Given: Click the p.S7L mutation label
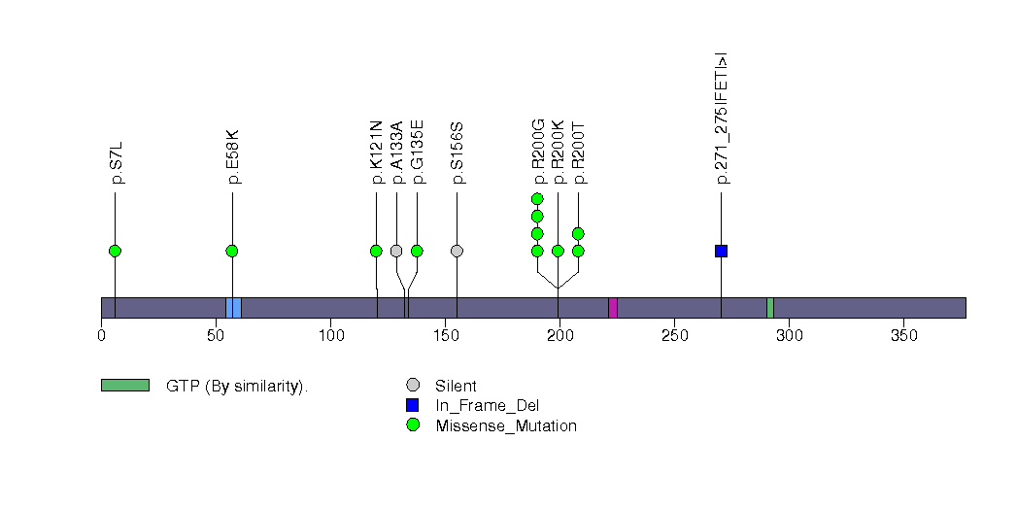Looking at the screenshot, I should (117, 163).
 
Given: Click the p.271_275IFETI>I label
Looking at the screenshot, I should (722, 118).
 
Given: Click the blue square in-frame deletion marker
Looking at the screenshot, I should (721, 251).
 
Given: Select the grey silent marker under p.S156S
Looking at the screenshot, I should (457, 251).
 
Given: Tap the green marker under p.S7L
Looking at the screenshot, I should (115, 251).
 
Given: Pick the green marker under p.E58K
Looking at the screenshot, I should (232, 251).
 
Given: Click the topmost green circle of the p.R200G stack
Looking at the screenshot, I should (537, 199).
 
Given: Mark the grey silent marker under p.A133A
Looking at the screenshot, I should (396, 251).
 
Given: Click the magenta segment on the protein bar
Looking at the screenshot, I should (613, 308).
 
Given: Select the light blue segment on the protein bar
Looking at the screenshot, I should (233, 308).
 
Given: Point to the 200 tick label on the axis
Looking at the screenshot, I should (559, 336).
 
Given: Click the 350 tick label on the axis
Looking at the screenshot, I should (903, 336).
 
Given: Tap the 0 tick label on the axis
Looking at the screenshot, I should (101, 336).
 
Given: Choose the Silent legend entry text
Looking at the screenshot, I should (456, 386).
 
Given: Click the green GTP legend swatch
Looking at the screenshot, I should (124, 386).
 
